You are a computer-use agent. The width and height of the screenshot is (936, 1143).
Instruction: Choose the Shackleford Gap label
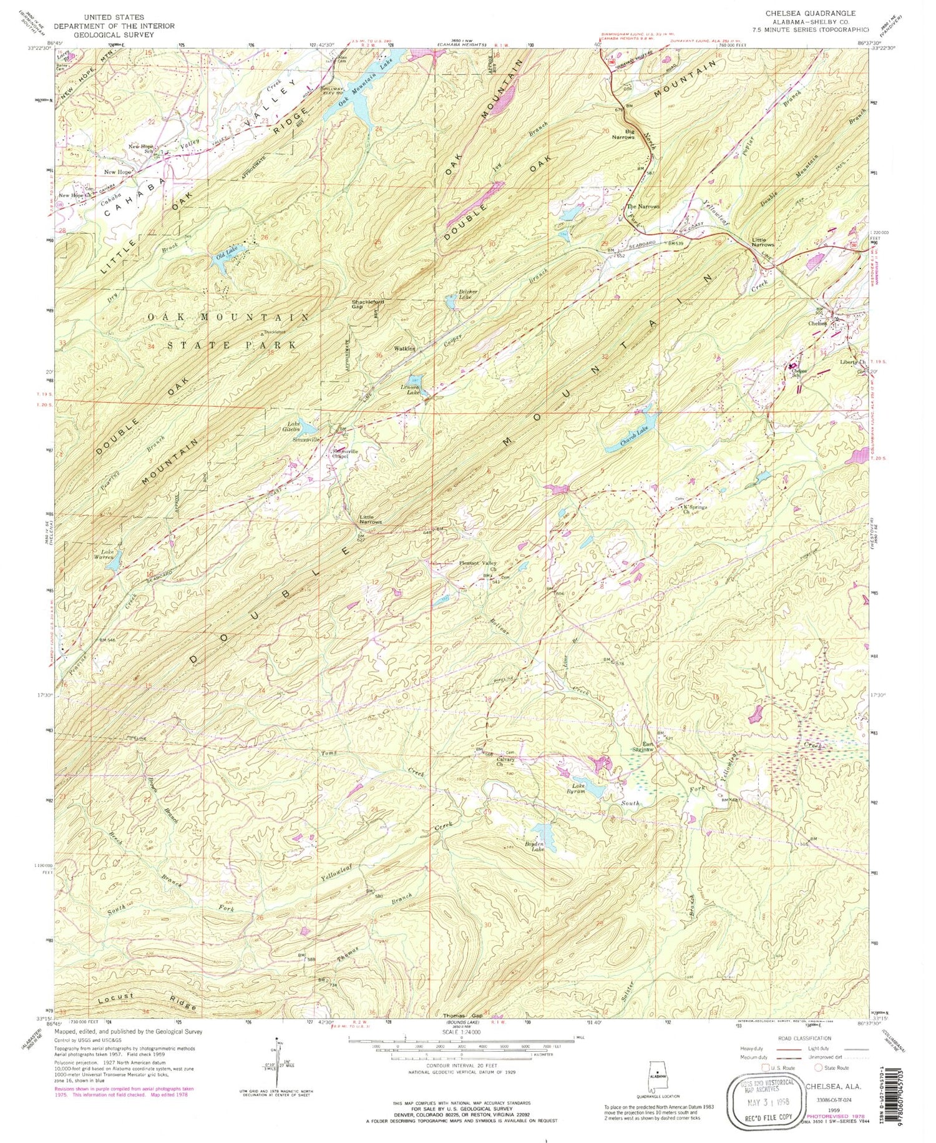click(368, 304)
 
